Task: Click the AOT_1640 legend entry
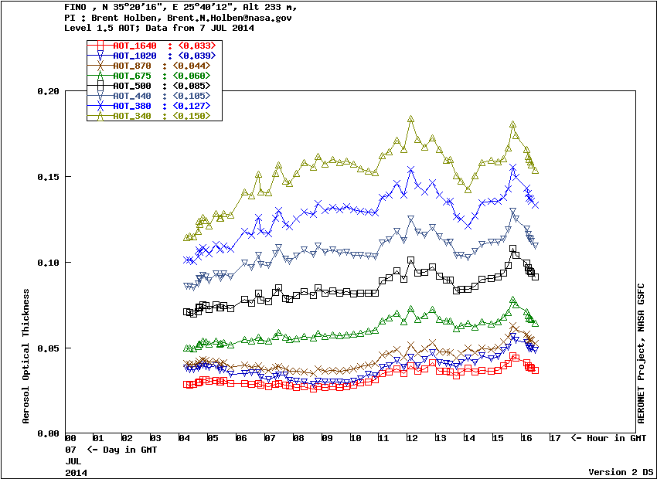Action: tap(134, 46)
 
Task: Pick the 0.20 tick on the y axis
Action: tap(48, 91)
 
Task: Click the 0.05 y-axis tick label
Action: tap(48, 348)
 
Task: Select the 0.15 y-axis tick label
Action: tap(48, 177)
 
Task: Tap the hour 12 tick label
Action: tap(411, 439)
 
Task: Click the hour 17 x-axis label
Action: tap(554, 439)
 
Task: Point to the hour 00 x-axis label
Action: tap(70, 439)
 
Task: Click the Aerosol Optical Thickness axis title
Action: tap(26, 356)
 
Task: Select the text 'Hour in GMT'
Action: tap(616, 439)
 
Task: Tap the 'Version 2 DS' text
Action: tap(621, 471)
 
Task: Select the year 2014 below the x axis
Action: tap(76, 471)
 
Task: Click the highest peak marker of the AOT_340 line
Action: tap(410, 120)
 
